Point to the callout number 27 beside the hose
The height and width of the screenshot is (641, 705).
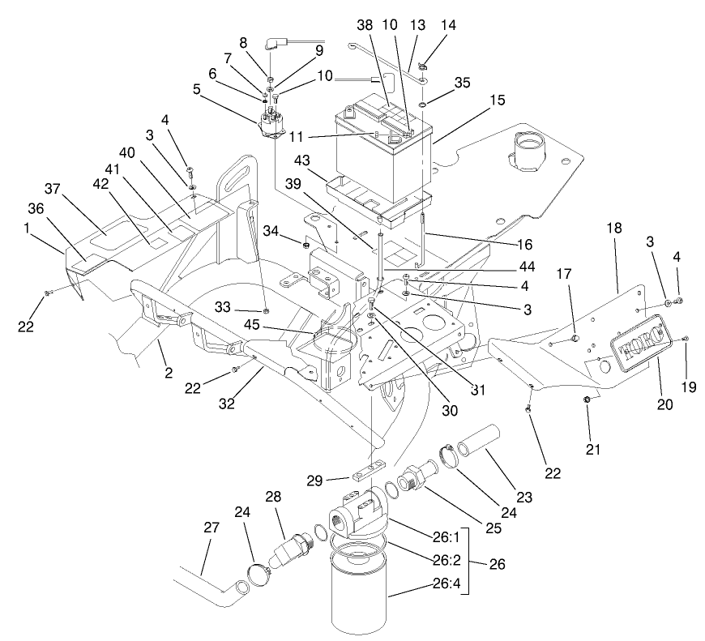point(211,528)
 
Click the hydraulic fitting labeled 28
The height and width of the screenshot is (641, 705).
point(290,552)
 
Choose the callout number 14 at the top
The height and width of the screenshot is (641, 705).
point(447,25)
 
